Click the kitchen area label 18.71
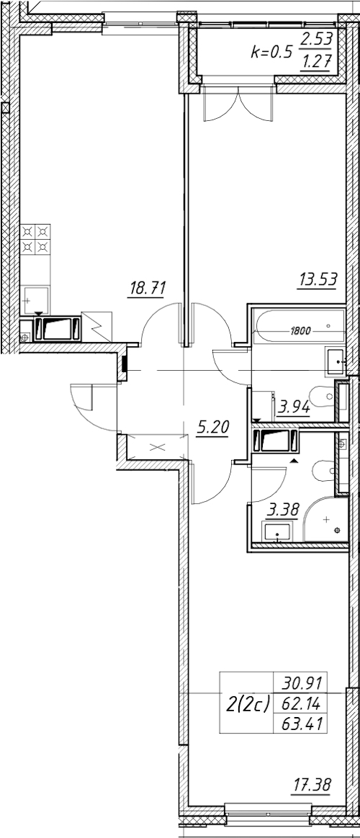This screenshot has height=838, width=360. [x=147, y=289]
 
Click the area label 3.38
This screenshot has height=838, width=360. [x=283, y=510]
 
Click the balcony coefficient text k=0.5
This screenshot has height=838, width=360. [x=272, y=51]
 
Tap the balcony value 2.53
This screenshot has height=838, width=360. [x=316, y=38]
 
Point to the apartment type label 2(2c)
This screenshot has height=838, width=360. [x=248, y=704]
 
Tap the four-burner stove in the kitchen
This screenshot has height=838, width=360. [x=36, y=240]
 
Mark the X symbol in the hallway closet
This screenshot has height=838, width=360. [x=157, y=447]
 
